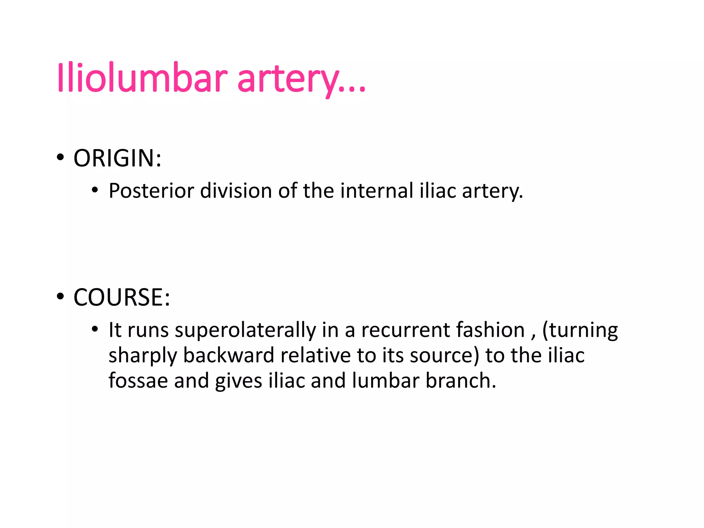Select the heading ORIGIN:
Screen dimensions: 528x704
(118, 158)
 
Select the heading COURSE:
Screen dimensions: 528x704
(122, 297)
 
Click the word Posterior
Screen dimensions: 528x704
(151, 191)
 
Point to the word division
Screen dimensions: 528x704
(236, 191)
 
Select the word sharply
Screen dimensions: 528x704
(143, 356)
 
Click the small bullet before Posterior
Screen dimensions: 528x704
(95, 190)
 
